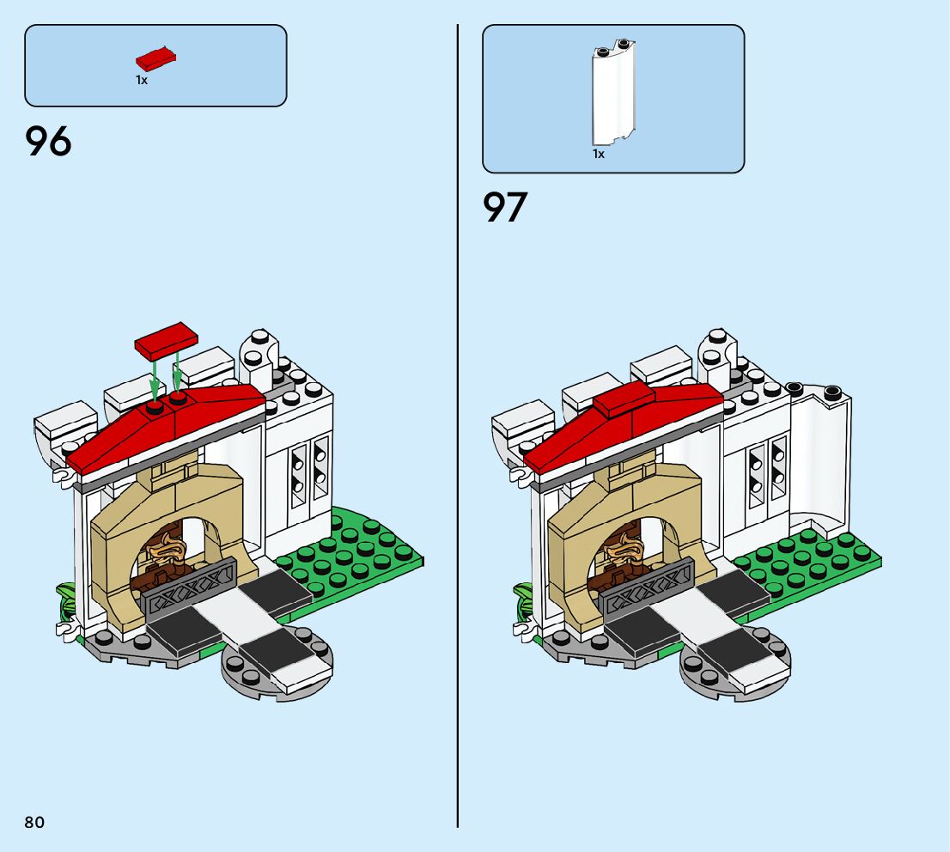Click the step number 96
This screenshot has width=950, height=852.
pyautogui.click(x=49, y=142)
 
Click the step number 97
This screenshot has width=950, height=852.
pyautogui.click(x=505, y=208)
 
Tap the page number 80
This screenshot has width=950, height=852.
pyautogui.click(x=34, y=823)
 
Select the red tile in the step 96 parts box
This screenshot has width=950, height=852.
pyautogui.click(x=155, y=59)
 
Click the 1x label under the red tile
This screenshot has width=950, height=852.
pyautogui.click(x=142, y=80)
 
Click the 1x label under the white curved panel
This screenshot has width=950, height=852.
pyautogui.click(x=599, y=155)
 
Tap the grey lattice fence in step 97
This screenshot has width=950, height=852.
pyautogui.click(x=649, y=586)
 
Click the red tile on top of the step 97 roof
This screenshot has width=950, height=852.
pyautogui.click(x=624, y=400)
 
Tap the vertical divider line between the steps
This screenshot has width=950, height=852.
pyautogui.click(x=458, y=429)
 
